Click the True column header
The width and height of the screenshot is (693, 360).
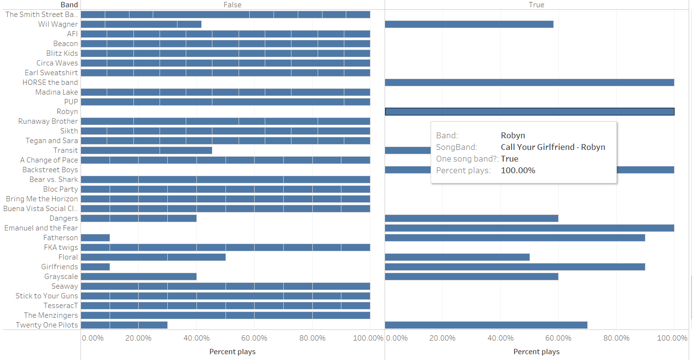(536, 5)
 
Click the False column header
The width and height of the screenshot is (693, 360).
(232, 5)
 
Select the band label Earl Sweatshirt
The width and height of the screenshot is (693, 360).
(51, 73)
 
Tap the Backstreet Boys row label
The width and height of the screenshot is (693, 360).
(50, 170)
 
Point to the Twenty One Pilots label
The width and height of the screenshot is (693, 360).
(47, 325)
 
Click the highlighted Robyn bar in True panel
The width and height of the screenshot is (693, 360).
(530, 112)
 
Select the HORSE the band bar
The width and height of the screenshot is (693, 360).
(530, 82)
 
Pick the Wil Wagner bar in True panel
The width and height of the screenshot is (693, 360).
(469, 24)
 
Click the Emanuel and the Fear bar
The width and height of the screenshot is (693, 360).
(530, 228)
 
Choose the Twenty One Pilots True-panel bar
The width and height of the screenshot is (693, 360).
(486, 325)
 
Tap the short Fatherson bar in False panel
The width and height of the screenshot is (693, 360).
(95, 238)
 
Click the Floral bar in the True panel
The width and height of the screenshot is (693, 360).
(457, 257)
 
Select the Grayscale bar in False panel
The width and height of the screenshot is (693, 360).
(139, 277)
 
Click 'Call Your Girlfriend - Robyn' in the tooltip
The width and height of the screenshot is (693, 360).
(553, 147)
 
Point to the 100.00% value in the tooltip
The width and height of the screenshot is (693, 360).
(518, 170)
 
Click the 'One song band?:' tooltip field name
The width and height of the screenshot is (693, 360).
(467, 159)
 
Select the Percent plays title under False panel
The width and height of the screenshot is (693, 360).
(232, 352)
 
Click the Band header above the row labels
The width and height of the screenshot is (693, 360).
(69, 5)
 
